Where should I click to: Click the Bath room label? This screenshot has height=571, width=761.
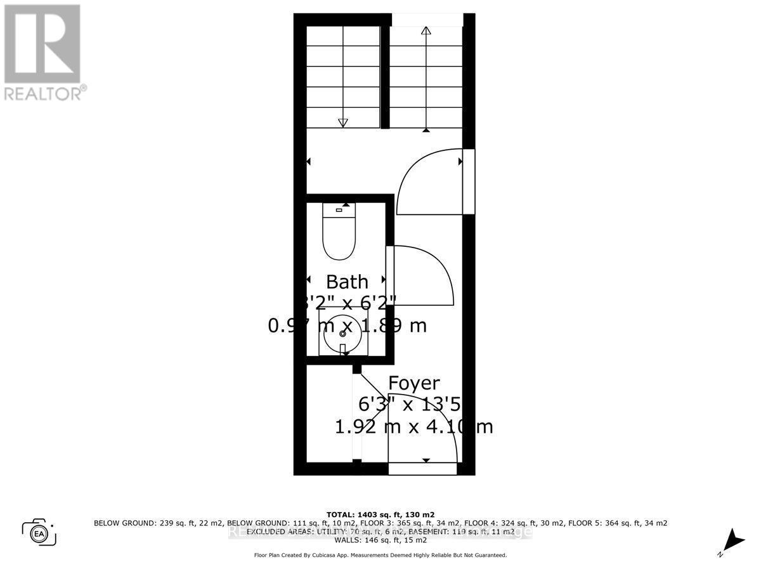pos(346,282)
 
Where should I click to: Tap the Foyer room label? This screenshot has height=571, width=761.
pos(413,383)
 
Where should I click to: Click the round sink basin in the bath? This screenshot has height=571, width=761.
pos(343,332)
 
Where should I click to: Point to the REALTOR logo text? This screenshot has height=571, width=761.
pos(44,93)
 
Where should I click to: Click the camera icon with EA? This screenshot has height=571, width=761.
pos(39,532)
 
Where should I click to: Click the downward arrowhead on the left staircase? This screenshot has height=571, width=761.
pos(343,122)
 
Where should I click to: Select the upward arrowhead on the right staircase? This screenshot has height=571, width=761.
pos(426,30)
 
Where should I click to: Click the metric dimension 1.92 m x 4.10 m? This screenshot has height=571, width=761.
pos(413,426)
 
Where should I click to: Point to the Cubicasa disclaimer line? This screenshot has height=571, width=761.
pos(380,555)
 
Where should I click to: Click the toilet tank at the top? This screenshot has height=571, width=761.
pos(339,209)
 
